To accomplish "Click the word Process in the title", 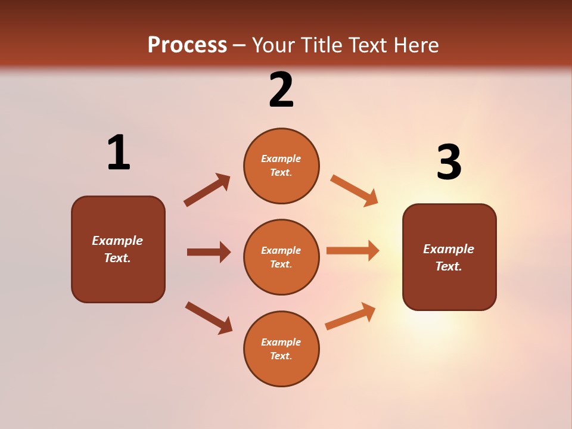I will click(187, 45).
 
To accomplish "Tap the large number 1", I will click(119, 153).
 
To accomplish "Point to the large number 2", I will click(281, 91).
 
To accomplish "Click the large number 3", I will click(449, 162).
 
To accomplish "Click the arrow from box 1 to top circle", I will click(207, 190).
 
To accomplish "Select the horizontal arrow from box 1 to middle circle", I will click(209, 252).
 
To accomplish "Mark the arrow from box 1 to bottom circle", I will click(209, 317).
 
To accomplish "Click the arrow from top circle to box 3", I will click(354, 191).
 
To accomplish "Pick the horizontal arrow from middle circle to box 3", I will click(353, 250).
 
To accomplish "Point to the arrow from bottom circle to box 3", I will click(350, 316).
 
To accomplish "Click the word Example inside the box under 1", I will click(117, 241).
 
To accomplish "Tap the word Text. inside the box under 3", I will click(449, 266).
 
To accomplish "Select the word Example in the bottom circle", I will click(281, 342).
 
